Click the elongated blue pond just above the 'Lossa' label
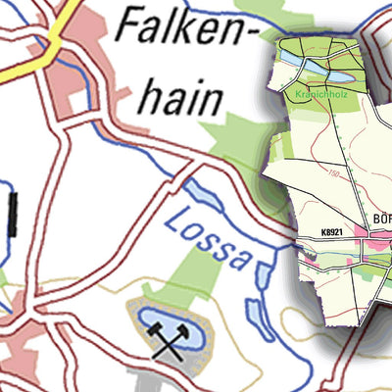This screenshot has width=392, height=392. [x=201, y=195]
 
